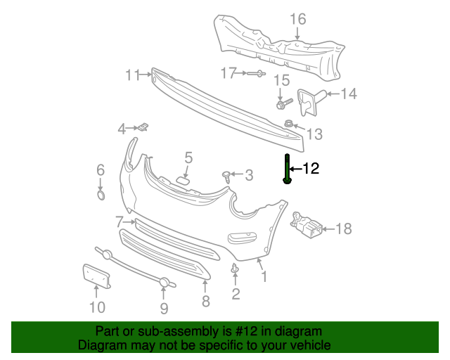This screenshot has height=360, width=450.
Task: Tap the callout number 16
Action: (299, 18)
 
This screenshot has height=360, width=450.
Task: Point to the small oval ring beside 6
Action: (101, 195)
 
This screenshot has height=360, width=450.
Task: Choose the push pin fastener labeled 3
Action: (227, 175)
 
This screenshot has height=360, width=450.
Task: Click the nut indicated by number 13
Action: (289, 124)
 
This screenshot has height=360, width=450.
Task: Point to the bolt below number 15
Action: (283, 104)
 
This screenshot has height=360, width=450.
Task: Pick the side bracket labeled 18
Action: (308, 224)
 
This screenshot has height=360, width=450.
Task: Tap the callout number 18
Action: (343, 229)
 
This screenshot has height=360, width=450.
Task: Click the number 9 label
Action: (164, 308)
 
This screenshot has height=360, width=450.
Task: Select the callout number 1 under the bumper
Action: (264, 277)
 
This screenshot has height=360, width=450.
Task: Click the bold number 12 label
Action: (311, 168)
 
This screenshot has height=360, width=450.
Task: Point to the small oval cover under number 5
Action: (183, 181)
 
